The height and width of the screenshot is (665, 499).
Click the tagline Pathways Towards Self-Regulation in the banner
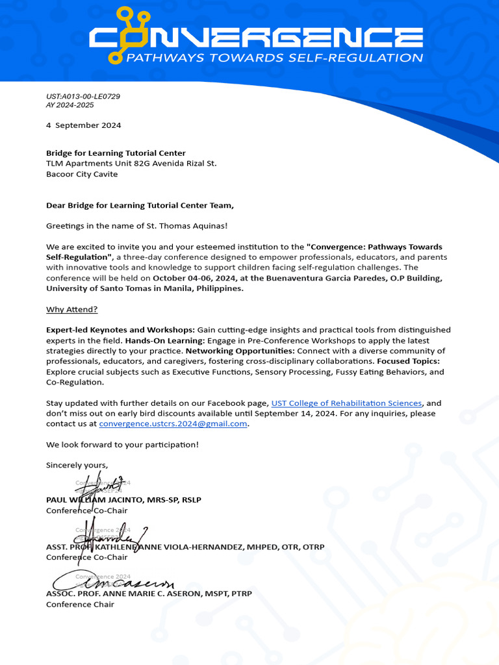[274, 57]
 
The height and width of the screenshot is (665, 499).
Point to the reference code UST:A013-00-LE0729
[83, 97]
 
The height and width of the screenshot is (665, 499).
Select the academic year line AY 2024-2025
[70, 105]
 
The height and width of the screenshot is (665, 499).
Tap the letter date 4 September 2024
[83, 125]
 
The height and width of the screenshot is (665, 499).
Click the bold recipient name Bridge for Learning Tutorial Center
[116, 153]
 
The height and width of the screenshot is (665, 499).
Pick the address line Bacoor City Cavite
[82, 174]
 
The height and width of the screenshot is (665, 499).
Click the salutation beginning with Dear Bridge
[140, 205]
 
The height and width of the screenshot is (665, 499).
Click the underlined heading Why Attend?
[71, 309]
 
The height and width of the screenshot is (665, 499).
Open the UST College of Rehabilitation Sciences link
[346, 403]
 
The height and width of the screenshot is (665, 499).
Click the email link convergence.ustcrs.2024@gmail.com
[173, 423]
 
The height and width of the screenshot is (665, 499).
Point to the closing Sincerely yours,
[77, 465]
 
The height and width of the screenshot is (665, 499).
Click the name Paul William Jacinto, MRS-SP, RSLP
[123, 500]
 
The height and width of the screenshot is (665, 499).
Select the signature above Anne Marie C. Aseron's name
[114, 579]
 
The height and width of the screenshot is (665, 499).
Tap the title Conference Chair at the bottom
[80, 605]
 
